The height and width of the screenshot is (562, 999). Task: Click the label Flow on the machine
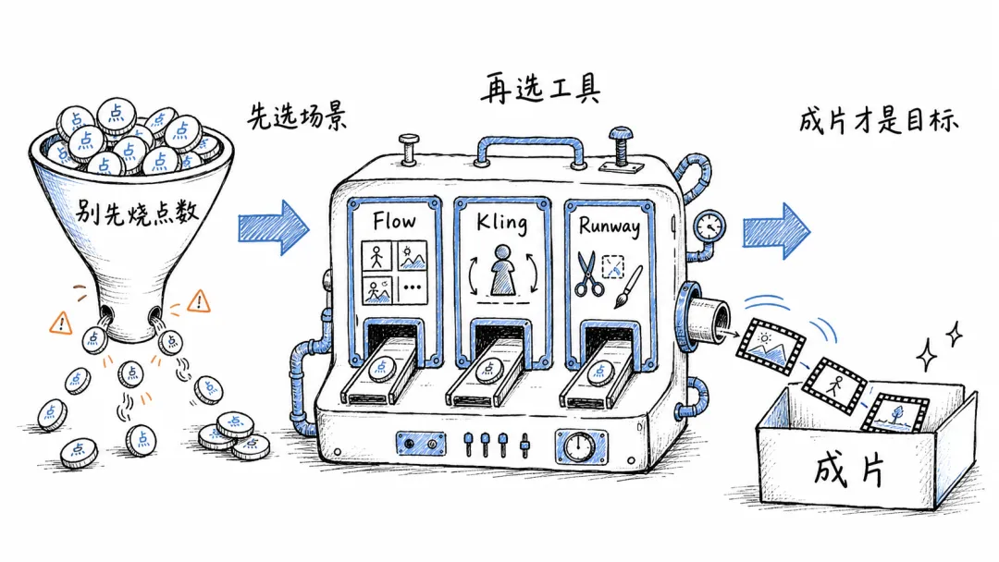(x=394, y=221)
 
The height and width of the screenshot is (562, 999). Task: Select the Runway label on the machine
(x=609, y=226)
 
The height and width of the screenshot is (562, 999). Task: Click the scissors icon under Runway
(x=588, y=274)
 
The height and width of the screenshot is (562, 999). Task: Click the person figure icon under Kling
(x=502, y=270)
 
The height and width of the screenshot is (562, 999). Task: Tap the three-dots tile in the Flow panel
(x=413, y=287)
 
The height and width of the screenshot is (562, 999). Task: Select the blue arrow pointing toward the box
(x=776, y=230)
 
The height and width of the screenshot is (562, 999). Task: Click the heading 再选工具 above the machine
(x=540, y=89)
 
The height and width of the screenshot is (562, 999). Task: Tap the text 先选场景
(x=297, y=116)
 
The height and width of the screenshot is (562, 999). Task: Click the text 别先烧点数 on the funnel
(x=136, y=212)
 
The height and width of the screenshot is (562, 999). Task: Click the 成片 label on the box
(x=849, y=471)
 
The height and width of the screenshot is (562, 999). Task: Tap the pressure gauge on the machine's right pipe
(x=709, y=226)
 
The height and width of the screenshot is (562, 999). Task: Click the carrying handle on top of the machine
(x=531, y=144)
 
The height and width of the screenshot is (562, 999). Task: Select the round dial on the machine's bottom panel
(x=580, y=446)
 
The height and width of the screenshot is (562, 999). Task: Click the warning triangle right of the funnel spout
(x=200, y=300)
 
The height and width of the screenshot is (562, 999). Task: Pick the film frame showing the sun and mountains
(x=771, y=346)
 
